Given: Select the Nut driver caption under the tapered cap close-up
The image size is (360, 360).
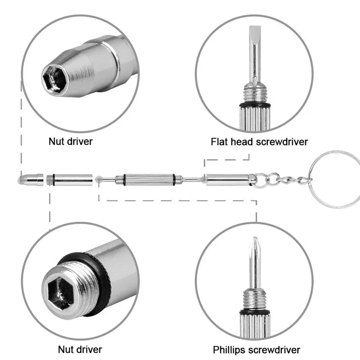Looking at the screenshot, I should click(x=71, y=141).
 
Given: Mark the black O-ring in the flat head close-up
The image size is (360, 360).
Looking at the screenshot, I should click(x=255, y=105).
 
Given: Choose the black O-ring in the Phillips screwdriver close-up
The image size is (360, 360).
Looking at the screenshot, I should click(x=255, y=311).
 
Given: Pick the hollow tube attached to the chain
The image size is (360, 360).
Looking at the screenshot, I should click(x=227, y=180).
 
